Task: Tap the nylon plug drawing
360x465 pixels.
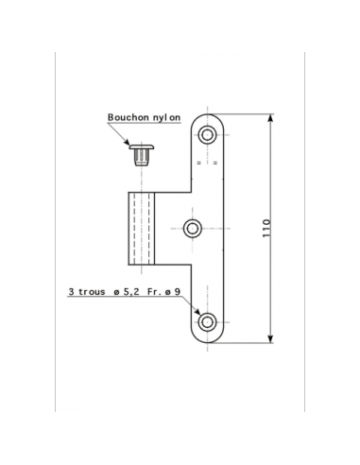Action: pyautogui.click(x=142, y=155)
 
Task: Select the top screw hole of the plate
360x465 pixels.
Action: pyautogui.click(x=207, y=135)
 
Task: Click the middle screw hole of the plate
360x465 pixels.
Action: pyautogui.click(x=193, y=228)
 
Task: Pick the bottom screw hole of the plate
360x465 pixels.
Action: pyautogui.click(x=207, y=322)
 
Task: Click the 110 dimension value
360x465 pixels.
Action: pyautogui.click(x=266, y=228)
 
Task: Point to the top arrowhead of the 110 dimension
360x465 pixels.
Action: pyautogui.click(x=270, y=118)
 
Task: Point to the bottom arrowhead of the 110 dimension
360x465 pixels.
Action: pyautogui.click(x=270, y=338)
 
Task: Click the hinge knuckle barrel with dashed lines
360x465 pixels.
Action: pyautogui.click(x=142, y=229)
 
